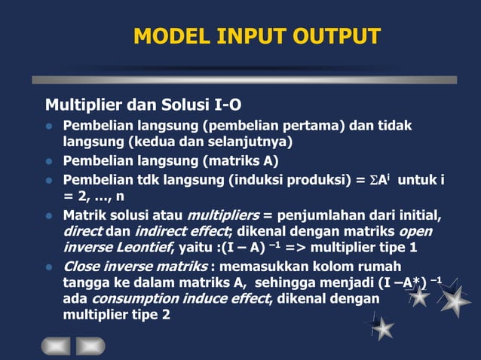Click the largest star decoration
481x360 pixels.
pyautogui.click(x=455, y=301)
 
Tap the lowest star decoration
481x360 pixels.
pyautogui.click(x=383, y=328)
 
